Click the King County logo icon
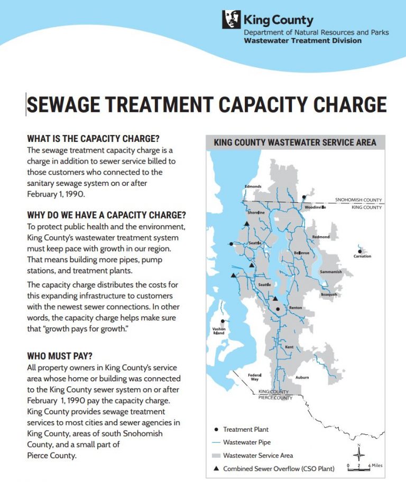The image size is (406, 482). tap(232, 20)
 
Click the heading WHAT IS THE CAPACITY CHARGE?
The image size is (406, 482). tap(93, 139)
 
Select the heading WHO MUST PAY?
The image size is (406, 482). tap(63, 355)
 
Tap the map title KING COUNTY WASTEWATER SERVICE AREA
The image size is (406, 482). tap(295, 142)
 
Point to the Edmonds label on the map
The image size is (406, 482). tap(253, 186)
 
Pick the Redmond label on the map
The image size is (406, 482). tap(321, 237)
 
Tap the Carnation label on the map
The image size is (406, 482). tap(362, 256)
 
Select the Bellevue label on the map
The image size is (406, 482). tap(301, 253)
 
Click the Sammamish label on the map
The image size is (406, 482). tap(331, 272)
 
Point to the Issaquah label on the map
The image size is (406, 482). tap(328, 294)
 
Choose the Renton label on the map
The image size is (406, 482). tap(295, 308)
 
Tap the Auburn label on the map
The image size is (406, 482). tap(302, 378)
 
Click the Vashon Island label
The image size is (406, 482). tap(219, 331)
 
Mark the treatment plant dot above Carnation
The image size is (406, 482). tap(360, 251)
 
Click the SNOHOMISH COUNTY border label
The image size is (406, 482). tap(358, 200)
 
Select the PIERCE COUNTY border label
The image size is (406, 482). tap(275, 397)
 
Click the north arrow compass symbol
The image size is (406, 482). tap(359, 453)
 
